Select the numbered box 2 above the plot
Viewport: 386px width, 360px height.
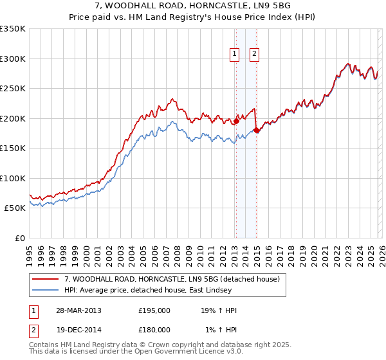click(x=255, y=55)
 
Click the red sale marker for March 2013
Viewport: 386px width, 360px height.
click(x=236, y=120)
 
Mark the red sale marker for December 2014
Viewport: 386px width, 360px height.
click(x=257, y=130)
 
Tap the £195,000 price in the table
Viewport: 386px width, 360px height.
click(x=154, y=310)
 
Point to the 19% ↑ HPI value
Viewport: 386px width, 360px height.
click(x=219, y=310)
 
